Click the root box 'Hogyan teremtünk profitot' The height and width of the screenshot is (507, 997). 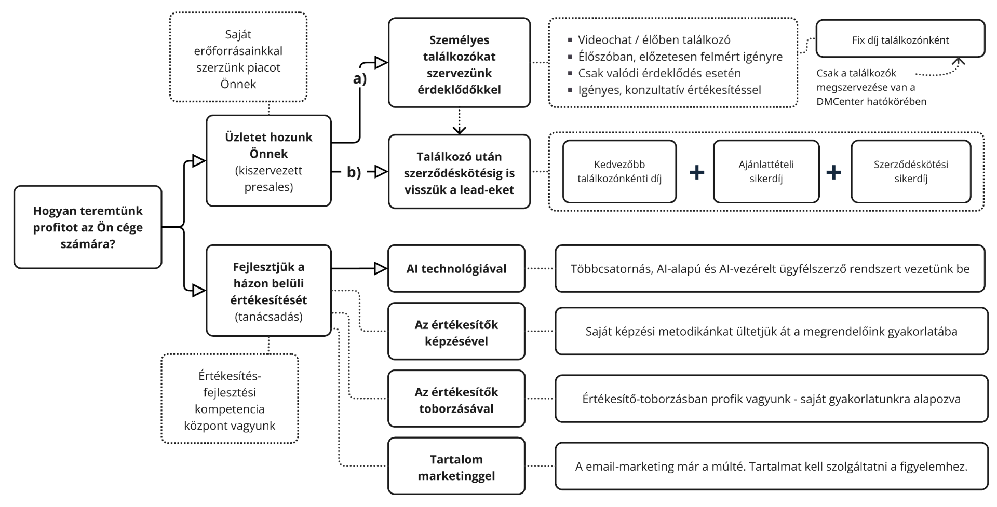(88, 227)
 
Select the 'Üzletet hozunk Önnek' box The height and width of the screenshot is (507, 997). (268, 161)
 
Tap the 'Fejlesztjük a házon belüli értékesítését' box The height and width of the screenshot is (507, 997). (268, 291)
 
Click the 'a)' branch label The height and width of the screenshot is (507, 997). (360, 79)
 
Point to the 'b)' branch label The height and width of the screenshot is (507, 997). (354, 172)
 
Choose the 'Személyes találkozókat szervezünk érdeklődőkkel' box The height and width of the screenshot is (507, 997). (459, 63)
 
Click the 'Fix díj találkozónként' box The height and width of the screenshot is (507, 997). (900, 39)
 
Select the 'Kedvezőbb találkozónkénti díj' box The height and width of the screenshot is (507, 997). (619, 171)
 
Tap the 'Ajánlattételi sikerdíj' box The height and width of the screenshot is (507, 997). (766, 171)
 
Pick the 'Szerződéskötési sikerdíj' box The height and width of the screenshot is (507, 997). (910, 171)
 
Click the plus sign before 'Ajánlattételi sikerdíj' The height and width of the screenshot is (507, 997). (696, 172)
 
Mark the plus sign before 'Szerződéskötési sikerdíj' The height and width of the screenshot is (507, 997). (833, 172)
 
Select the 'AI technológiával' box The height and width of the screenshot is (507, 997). (456, 269)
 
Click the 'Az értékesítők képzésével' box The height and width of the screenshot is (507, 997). (456, 332)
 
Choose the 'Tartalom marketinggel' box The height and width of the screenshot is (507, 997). (456, 467)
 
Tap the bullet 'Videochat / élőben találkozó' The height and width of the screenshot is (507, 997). (654, 40)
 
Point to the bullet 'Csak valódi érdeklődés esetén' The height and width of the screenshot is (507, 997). (659, 73)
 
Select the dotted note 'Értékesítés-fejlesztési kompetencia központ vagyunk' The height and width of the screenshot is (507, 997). (230, 400)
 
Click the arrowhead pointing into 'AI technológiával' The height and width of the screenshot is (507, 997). (381, 269)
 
